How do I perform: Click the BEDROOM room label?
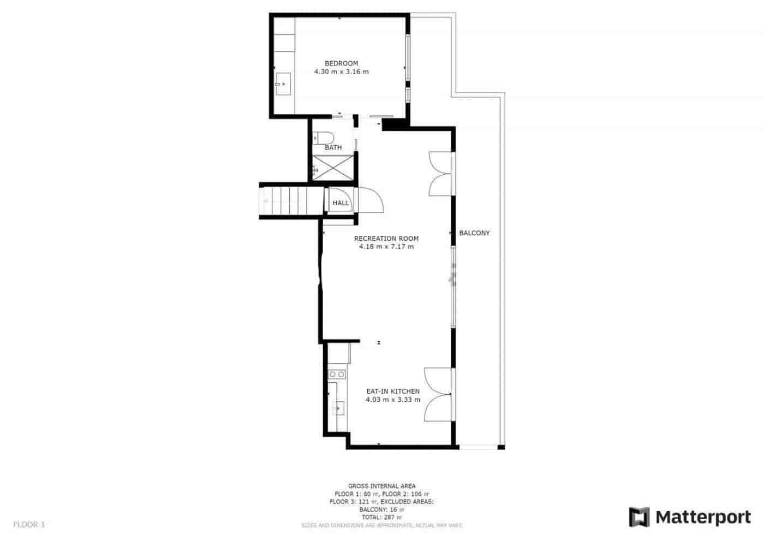341,63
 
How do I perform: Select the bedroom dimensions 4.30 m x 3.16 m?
341,72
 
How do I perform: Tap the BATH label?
333,147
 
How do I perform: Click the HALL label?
341,203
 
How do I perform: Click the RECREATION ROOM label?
386,239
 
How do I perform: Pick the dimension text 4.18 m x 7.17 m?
386,247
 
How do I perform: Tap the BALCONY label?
474,233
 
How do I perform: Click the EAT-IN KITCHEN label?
392,391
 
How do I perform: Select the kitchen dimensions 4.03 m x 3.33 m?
392,400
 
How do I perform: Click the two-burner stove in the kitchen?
337,374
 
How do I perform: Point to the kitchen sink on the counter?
337,407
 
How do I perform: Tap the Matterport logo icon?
639,517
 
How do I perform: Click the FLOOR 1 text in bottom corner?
29,525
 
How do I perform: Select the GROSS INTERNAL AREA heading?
381,486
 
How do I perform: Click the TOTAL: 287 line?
381,517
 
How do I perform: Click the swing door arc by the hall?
373,200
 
